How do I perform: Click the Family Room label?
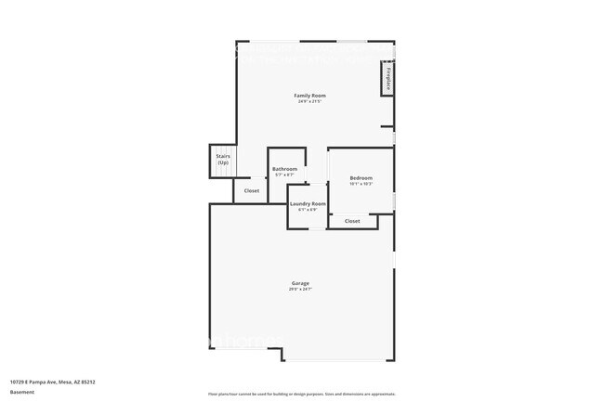point(310,96)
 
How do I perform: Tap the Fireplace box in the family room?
point(387,79)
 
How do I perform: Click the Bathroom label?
point(284,169)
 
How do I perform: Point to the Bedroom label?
point(361,177)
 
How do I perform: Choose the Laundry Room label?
point(308,203)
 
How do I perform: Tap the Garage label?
point(300,283)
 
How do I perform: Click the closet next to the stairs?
point(252,191)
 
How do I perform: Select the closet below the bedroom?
point(352,221)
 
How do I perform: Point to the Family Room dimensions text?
point(310,102)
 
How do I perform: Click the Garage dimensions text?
point(300,290)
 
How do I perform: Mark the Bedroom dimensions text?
point(361,184)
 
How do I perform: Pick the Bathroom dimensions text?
point(284,175)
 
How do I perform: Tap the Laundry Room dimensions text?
point(308,210)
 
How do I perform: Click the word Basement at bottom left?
point(21,392)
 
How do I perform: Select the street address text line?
point(53,381)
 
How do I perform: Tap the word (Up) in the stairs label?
point(223,163)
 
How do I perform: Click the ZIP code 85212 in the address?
point(88,381)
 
